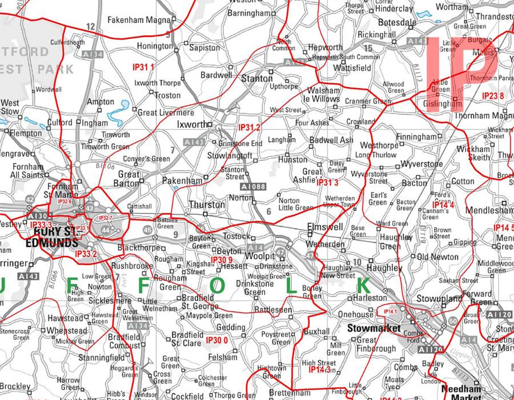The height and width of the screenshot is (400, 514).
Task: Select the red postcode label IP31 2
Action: (x=249, y=127)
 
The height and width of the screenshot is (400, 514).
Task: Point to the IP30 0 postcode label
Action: (x=217, y=341)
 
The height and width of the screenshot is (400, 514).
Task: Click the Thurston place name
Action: (x=207, y=204)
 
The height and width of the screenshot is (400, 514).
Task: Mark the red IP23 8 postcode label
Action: (x=493, y=95)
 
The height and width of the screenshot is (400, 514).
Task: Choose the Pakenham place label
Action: (x=183, y=181)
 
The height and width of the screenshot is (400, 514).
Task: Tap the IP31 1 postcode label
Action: (x=143, y=67)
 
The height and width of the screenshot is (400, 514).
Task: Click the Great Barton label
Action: (x=128, y=179)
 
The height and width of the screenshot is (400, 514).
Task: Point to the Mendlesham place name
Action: (x=489, y=210)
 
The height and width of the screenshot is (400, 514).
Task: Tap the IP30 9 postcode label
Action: (x=222, y=261)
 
